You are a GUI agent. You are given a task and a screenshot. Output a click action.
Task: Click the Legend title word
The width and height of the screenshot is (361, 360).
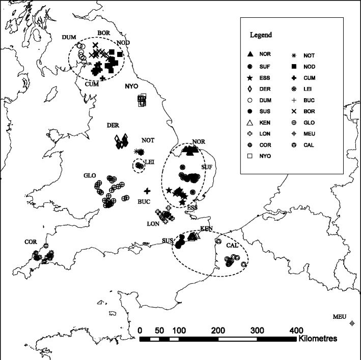[260, 35]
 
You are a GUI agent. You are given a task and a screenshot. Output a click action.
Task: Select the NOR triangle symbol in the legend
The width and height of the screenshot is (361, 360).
[250, 54]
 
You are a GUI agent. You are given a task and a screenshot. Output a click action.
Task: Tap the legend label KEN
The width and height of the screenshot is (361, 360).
[264, 123]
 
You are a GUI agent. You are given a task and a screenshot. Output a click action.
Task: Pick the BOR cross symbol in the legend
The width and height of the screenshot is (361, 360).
[294, 111]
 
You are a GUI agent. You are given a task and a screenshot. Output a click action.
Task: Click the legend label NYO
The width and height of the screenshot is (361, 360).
[264, 156]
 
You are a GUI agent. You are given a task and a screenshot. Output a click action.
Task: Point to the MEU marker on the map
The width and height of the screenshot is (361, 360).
[352, 323]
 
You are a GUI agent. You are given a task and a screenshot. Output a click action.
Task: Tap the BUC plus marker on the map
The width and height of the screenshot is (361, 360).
[147, 191]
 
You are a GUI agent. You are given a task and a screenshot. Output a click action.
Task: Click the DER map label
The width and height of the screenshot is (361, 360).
[113, 125]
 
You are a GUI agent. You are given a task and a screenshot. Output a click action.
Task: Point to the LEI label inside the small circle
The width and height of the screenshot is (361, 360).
[149, 162]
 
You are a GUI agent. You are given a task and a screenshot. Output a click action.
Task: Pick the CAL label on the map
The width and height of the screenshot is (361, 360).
[232, 246]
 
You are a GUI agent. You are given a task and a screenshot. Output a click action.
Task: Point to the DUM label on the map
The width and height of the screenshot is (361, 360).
[68, 37]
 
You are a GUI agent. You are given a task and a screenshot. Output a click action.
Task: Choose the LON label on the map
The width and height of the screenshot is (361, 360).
[152, 223]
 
